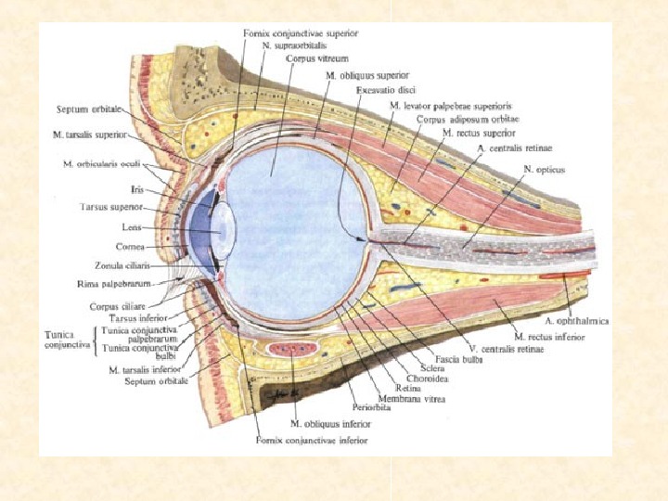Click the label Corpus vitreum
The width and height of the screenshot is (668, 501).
313,58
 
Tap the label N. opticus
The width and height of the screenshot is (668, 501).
544,171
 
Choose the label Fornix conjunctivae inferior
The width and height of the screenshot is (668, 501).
311,440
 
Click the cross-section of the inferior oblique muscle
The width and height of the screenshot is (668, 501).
292,351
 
